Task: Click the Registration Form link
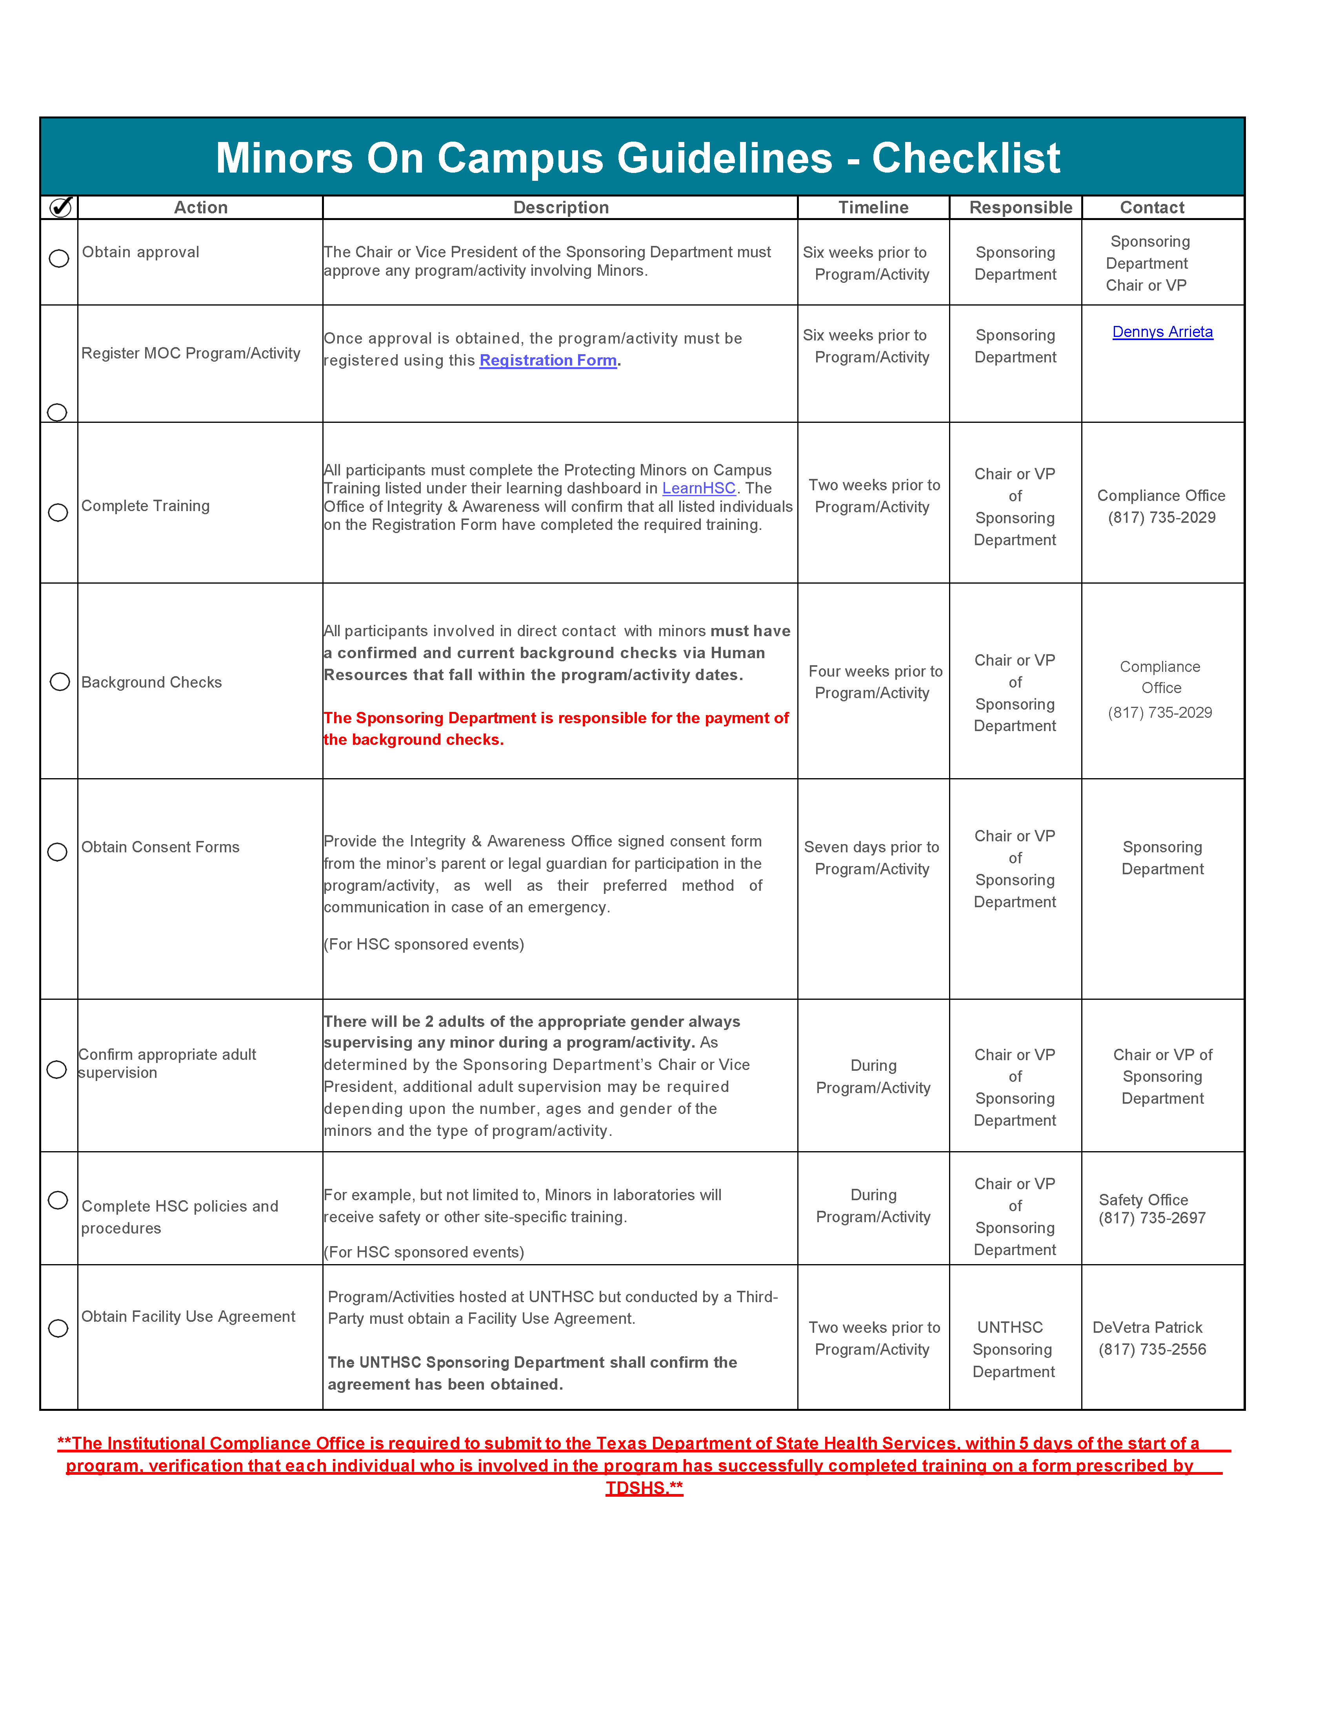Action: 548,360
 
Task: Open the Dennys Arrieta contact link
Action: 1162,332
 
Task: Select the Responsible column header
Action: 1020,208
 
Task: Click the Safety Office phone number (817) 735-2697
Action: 1152,1218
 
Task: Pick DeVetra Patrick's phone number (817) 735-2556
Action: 1152,1349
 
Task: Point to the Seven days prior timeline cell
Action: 872,858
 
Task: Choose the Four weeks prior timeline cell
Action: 875,682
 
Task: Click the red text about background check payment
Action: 556,728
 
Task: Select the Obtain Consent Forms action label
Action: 160,847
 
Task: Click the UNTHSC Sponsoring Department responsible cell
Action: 1013,1349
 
